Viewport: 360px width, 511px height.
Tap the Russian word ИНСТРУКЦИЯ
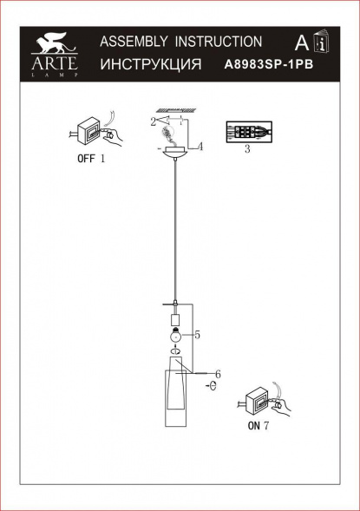[151, 64]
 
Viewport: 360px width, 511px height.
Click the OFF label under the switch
[86, 159]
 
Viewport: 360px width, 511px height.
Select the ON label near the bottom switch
[254, 425]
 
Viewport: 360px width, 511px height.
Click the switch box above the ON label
[259, 401]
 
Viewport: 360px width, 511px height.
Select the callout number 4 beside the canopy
[200, 147]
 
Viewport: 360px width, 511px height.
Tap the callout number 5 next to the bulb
[197, 334]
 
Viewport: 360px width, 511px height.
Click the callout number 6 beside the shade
[219, 374]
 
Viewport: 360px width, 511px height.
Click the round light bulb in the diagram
[175, 334]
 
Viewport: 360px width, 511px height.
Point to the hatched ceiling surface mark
[177, 108]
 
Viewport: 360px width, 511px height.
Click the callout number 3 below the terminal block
[247, 150]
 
